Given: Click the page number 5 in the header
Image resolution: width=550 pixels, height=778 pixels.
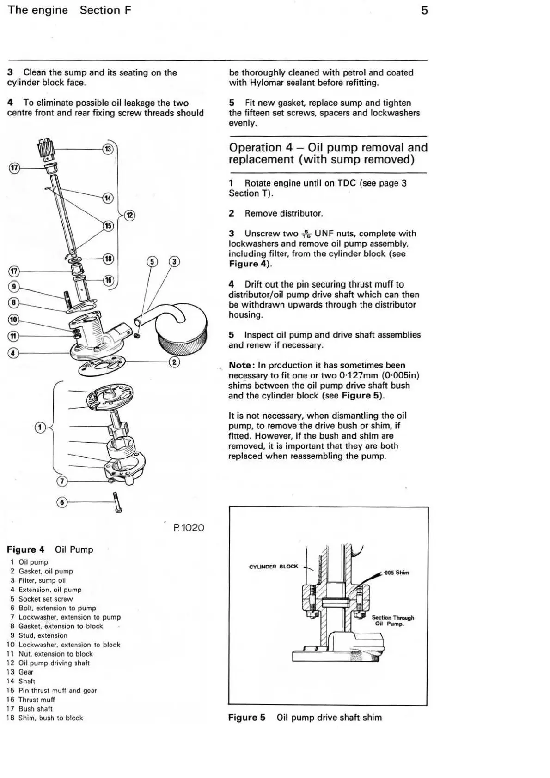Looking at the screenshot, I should (x=424, y=10).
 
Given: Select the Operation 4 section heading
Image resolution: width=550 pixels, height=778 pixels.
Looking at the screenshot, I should (x=328, y=154).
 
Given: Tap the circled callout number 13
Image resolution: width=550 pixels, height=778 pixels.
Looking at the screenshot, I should (x=108, y=149).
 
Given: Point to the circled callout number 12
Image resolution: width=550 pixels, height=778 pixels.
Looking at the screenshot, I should (x=130, y=215).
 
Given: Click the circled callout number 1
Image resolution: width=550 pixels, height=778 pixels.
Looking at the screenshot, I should (x=41, y=428).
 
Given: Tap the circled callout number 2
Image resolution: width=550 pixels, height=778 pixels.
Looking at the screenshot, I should (x=174, y=362).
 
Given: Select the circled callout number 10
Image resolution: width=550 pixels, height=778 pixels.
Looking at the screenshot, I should (x=13, y=320).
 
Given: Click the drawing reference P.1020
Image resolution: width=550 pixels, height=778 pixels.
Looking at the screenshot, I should (x=189, y=527).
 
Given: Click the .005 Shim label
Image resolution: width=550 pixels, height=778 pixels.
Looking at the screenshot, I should (x=396, y=573).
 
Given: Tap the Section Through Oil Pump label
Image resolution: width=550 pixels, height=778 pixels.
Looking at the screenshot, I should (x=392, y=621).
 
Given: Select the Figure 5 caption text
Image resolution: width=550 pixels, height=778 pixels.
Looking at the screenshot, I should (x=305, y=718).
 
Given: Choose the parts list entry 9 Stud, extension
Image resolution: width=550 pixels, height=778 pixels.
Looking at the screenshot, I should (x=39, y=635).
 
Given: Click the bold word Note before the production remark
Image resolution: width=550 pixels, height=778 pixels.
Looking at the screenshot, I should (x=240, y=365).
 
